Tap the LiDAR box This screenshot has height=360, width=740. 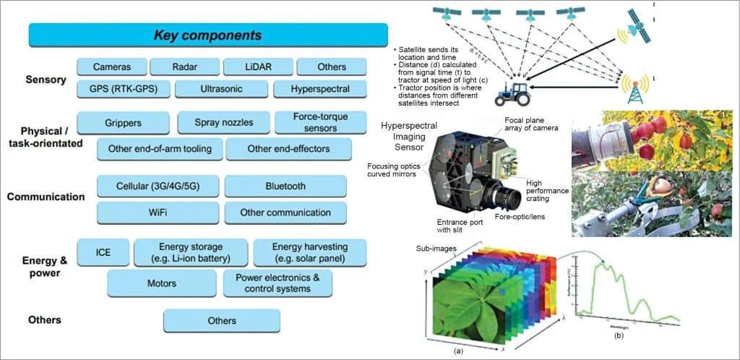(x=257, y=67)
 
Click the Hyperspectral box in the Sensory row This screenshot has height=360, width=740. (x=320, y=90)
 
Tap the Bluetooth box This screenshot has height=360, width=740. (x=285, y=186)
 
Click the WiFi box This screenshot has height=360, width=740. (x=158, y=213)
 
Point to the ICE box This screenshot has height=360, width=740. (x=103, y=253)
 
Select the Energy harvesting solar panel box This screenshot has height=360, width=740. (x=309, y=253)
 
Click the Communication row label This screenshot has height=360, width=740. (x=46, y=197)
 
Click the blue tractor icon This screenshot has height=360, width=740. (x=511, y=93)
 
